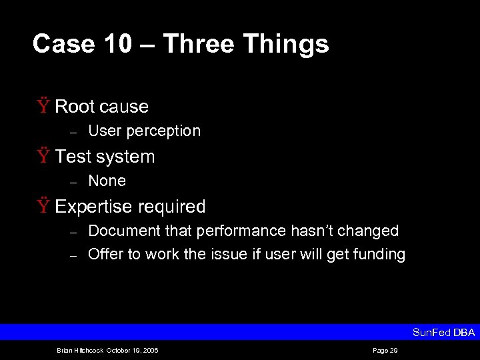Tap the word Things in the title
tap(286, 45)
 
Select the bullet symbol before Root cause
tap(43, 106)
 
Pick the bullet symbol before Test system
tap(43, 156)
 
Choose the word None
tap(107, 181)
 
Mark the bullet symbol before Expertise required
tap(43, 206)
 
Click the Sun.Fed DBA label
tap(443, 333)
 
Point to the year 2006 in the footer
tap(150, 350)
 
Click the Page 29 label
tap(385, 350)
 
